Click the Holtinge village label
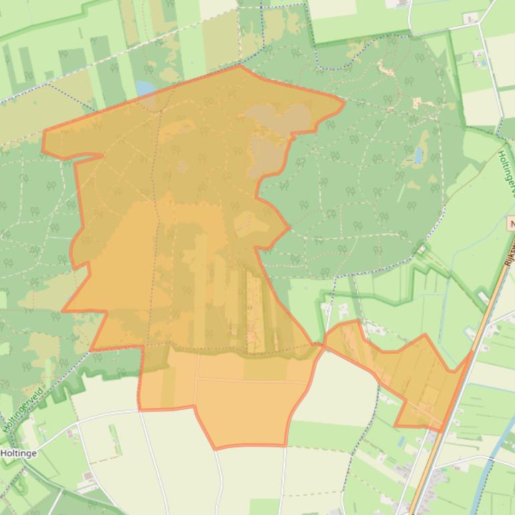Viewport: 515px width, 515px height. tap(19, 453)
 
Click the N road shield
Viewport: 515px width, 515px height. tap(511, 225)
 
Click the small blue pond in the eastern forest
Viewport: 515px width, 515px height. tap(419, 155)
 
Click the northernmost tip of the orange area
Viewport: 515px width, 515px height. tap(239, 66)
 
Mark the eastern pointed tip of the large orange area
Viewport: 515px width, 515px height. tap(344, 102)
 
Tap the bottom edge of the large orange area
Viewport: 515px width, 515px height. tap(247, 445)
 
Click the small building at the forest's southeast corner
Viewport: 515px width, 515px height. tap(422, 250)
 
